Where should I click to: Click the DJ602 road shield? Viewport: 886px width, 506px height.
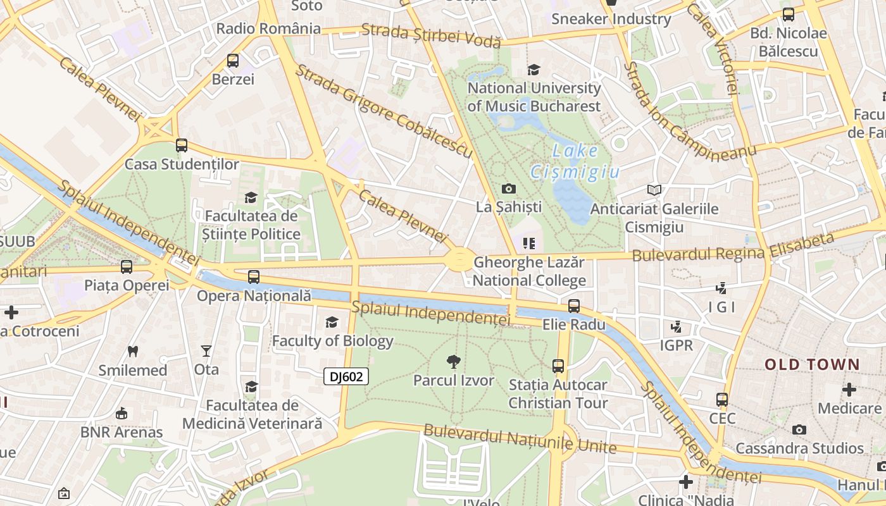tap(346, 377)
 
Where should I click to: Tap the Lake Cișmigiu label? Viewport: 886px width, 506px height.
tap(575, 161)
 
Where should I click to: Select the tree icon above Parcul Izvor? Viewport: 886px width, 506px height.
tap(453, 362)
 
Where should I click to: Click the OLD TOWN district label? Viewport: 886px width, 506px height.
tap(813, 364)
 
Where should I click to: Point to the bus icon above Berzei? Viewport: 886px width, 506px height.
tap(233, 61)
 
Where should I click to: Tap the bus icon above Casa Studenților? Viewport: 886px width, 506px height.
tap(182, 145)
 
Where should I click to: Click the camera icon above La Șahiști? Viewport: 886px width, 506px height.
tap(508, 188)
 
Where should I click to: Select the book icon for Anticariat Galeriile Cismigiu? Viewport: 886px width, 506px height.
tap(654, 190)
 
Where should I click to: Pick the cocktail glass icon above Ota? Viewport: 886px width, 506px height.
tap(206, 350)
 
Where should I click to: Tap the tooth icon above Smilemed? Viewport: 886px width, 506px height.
tap(133, 351)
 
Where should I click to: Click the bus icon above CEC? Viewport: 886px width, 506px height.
tap(722, 400)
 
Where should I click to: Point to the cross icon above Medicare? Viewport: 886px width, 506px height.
tap(849, 390)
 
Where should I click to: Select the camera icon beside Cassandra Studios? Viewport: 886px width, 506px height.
tap(799, 430)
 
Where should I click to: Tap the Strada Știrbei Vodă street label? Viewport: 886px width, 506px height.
tap(431, 36)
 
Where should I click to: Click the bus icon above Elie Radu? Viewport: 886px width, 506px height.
tap(574, 306)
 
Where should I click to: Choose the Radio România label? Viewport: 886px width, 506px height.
tap(268, 28)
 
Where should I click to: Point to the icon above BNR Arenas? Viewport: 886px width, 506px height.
tap(122, 414)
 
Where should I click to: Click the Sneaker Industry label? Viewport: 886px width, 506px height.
tap(611, 19)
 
